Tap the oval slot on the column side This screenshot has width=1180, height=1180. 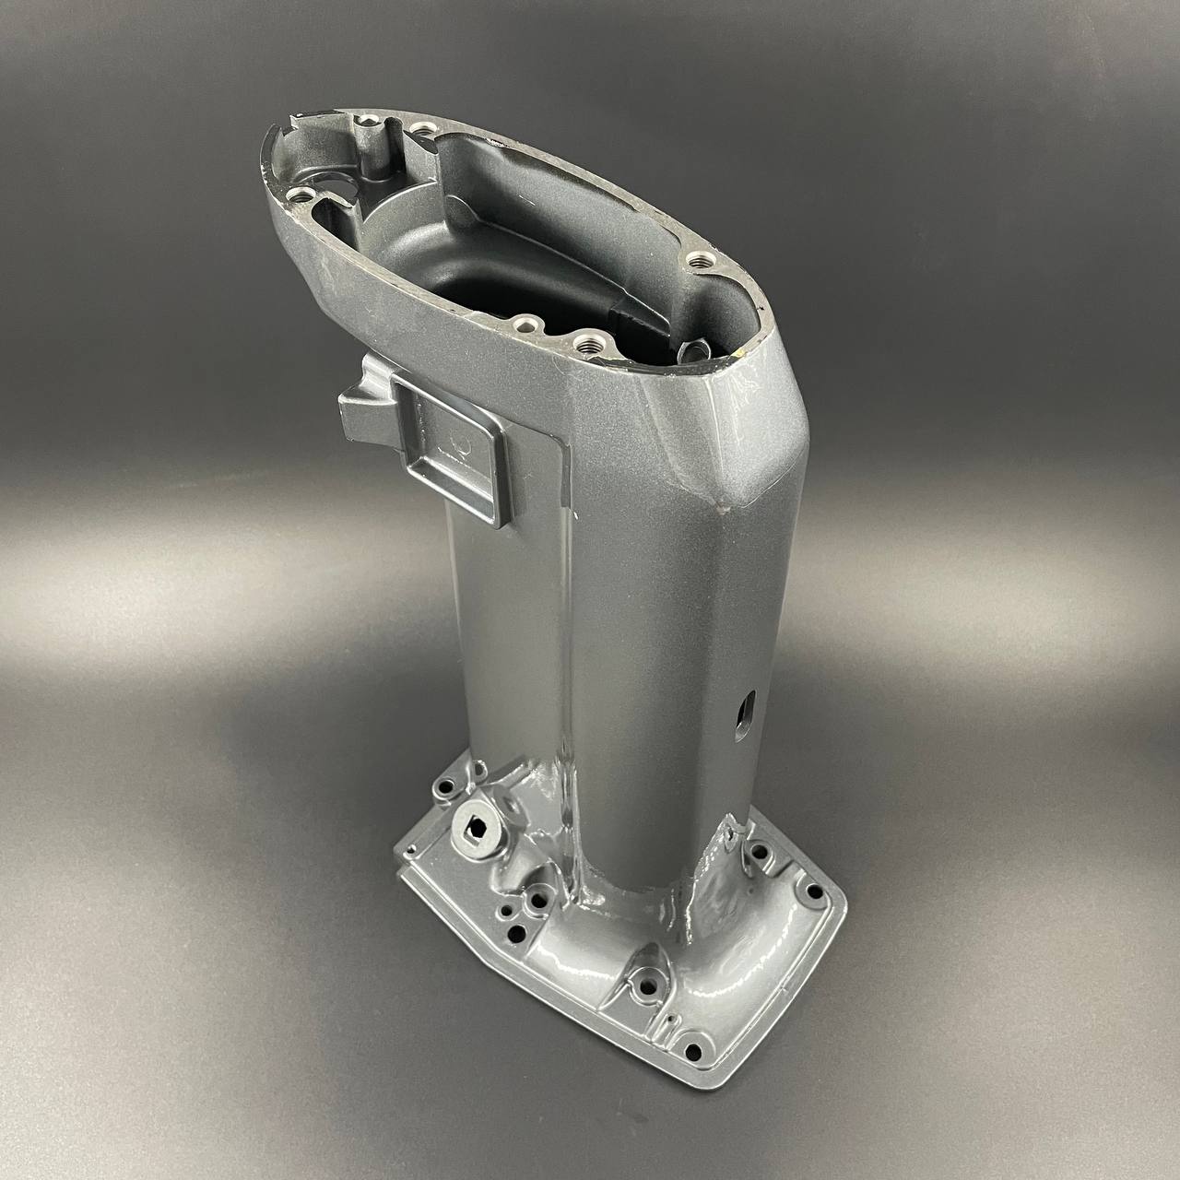pos(743,712)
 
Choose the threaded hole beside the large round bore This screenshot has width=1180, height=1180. pos(299,195)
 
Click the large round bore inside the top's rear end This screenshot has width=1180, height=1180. pos(347,184)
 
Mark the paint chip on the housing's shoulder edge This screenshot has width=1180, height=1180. pos(721,504)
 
